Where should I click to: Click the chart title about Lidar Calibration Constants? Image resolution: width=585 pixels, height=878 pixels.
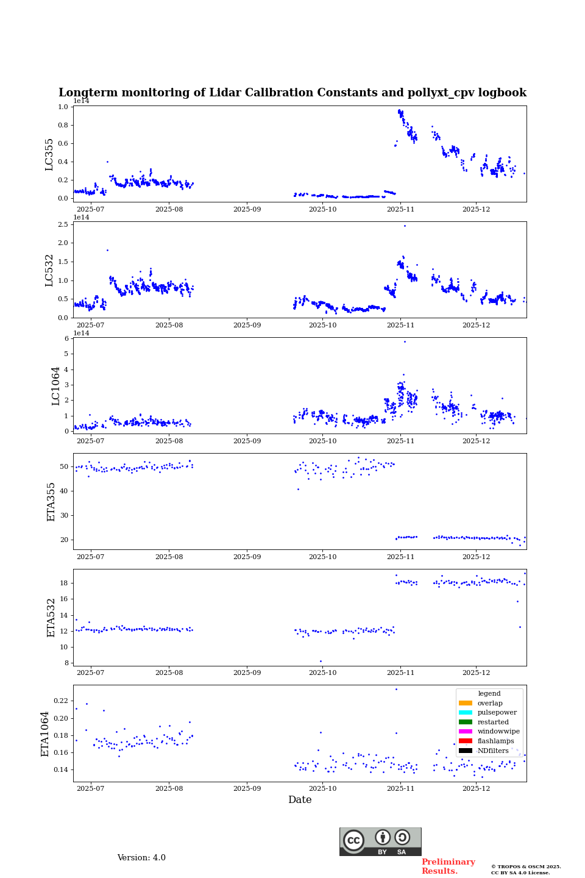292,93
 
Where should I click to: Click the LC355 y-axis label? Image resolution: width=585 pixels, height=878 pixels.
49,154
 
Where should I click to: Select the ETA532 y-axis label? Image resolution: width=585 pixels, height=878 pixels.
51,617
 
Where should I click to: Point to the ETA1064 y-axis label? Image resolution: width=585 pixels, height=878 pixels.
45,733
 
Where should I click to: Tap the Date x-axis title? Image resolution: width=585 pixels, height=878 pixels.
300,800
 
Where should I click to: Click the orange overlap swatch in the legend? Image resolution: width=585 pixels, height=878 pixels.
466,703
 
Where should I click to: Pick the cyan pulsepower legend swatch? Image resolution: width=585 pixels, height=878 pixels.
466,713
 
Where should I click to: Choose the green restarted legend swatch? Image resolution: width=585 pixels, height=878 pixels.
466,722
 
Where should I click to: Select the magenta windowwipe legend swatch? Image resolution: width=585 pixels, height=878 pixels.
466,732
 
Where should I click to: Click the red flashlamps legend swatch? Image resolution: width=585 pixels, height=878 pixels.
466,741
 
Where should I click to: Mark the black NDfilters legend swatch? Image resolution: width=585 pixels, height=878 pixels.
466,751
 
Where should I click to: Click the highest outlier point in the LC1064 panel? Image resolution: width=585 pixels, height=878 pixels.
405,341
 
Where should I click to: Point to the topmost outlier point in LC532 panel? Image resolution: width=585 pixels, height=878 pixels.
405,226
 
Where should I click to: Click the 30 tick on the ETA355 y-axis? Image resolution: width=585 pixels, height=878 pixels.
64,515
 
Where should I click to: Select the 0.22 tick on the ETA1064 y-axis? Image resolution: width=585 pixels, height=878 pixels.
61,701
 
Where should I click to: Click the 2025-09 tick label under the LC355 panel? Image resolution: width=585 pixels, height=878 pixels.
247,209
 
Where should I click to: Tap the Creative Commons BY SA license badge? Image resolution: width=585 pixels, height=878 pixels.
380,841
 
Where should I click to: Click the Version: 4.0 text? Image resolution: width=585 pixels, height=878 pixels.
141,858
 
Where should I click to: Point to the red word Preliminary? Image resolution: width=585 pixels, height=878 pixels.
448,862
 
